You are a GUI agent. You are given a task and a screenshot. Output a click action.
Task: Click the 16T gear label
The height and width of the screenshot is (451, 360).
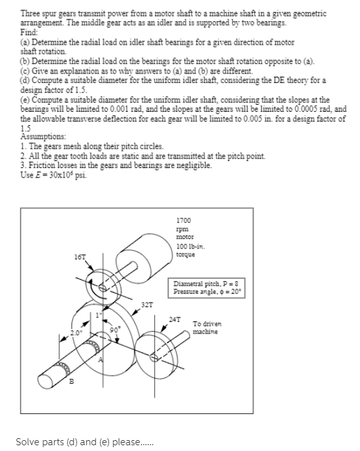(x=80, y=257)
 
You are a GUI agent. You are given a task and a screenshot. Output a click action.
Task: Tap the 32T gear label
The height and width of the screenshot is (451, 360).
(x=147, y=305)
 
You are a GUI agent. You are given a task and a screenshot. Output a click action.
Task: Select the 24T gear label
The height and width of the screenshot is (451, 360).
(x=175, y=319)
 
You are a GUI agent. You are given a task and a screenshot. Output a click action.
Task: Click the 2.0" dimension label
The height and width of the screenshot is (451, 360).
(x=76, y=333)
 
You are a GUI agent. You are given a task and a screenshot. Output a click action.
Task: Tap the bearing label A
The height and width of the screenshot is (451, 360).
(x=100, y=360)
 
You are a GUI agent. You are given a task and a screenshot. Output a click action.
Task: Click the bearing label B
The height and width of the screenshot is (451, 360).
(x=71, y=381)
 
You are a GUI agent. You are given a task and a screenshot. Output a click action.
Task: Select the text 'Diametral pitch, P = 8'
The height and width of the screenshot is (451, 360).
(x=206, y=284)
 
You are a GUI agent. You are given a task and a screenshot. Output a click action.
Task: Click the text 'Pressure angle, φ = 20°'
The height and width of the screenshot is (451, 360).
(x=207, y=292)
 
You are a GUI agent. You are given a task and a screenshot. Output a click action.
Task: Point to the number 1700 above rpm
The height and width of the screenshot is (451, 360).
(x=183, y=220)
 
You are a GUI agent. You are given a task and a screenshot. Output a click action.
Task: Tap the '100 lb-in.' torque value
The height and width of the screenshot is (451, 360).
(x=190, y=247)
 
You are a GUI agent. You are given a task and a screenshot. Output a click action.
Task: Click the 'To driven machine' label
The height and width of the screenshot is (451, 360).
(x=207, y=328)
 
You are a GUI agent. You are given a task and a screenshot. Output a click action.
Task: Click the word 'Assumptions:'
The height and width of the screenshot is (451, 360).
(x=43, y=136)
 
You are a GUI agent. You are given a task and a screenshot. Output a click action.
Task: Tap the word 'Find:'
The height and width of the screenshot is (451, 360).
(x=29, y=32)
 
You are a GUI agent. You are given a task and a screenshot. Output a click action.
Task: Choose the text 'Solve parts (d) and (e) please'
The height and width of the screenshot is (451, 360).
(x=78, y=442)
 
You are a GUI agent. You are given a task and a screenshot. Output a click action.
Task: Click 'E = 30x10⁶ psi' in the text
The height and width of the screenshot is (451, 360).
(x=54, y=175)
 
